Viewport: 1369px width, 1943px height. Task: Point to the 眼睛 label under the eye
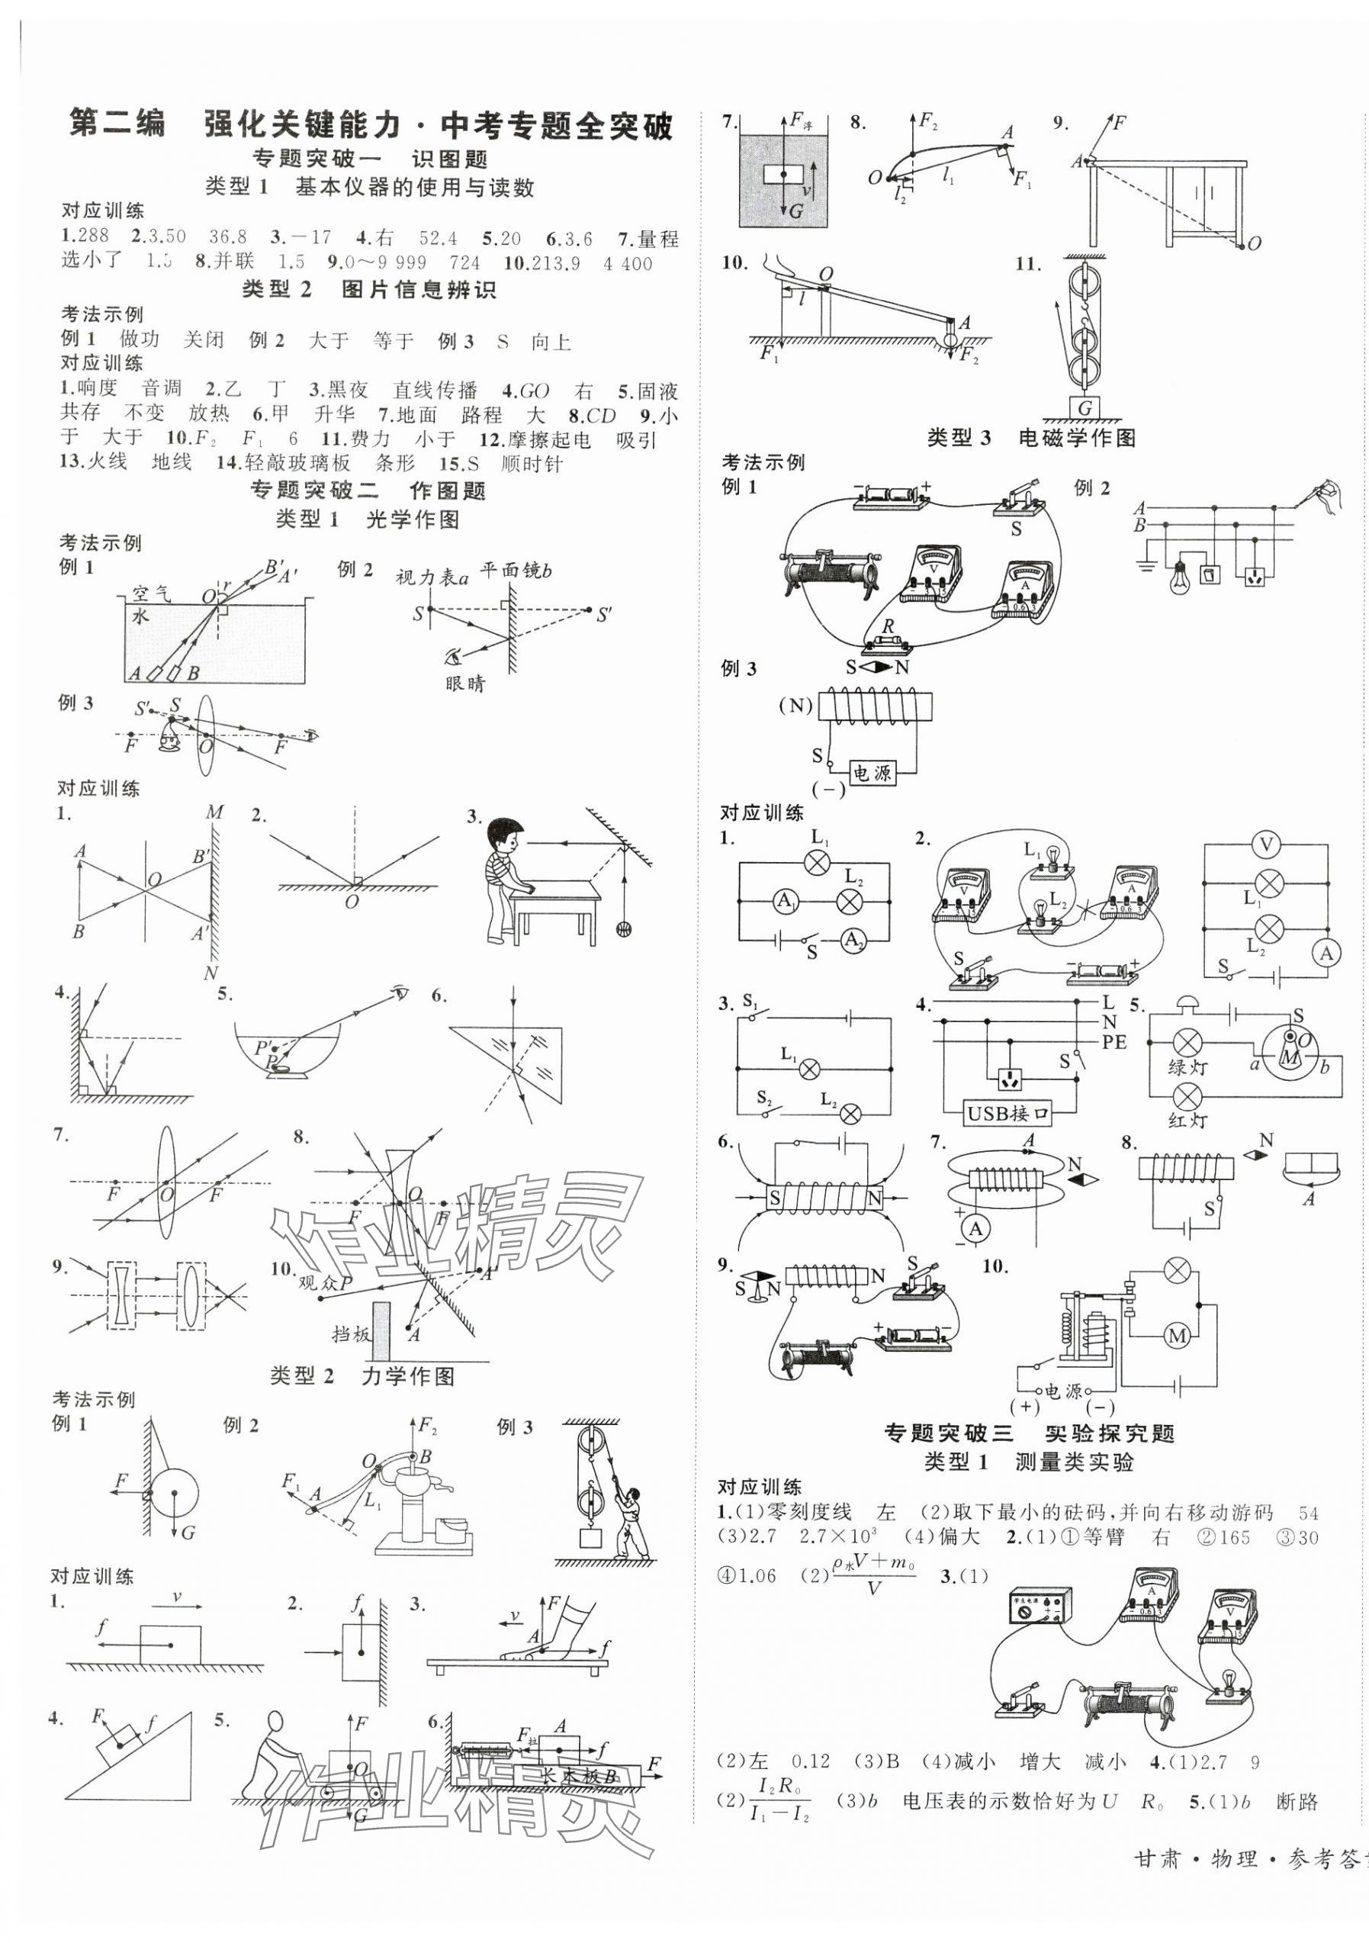[465, 684]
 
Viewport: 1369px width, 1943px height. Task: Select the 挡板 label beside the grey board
[351, 1333]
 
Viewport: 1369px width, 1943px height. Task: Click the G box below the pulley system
[1084, 408]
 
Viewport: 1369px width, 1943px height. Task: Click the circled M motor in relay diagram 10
[1178, 1337]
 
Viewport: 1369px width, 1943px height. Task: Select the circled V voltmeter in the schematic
[1267, 844]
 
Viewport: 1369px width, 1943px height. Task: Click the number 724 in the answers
[464, 263]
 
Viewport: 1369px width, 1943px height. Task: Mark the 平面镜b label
[516, 571]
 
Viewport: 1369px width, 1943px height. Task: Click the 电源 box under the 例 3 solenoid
[872, 773]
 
